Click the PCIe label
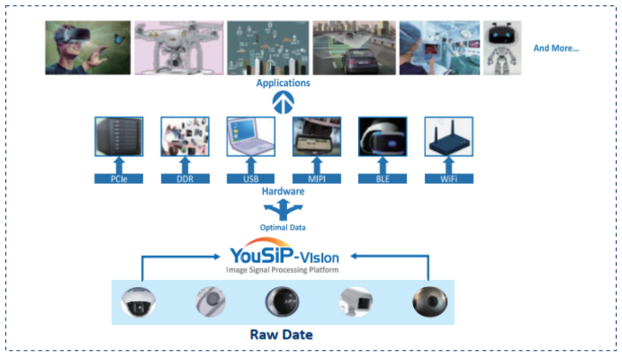point(119,179)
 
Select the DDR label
point(185,179)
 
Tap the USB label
point(250,179)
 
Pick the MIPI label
point(317,179)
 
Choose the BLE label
point(382,179)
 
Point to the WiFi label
point(449,179)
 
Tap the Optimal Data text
point(282,228)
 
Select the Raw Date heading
point(283,337)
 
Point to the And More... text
point(556,48)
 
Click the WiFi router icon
point(449,139)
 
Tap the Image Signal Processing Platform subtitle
point(282,269)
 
